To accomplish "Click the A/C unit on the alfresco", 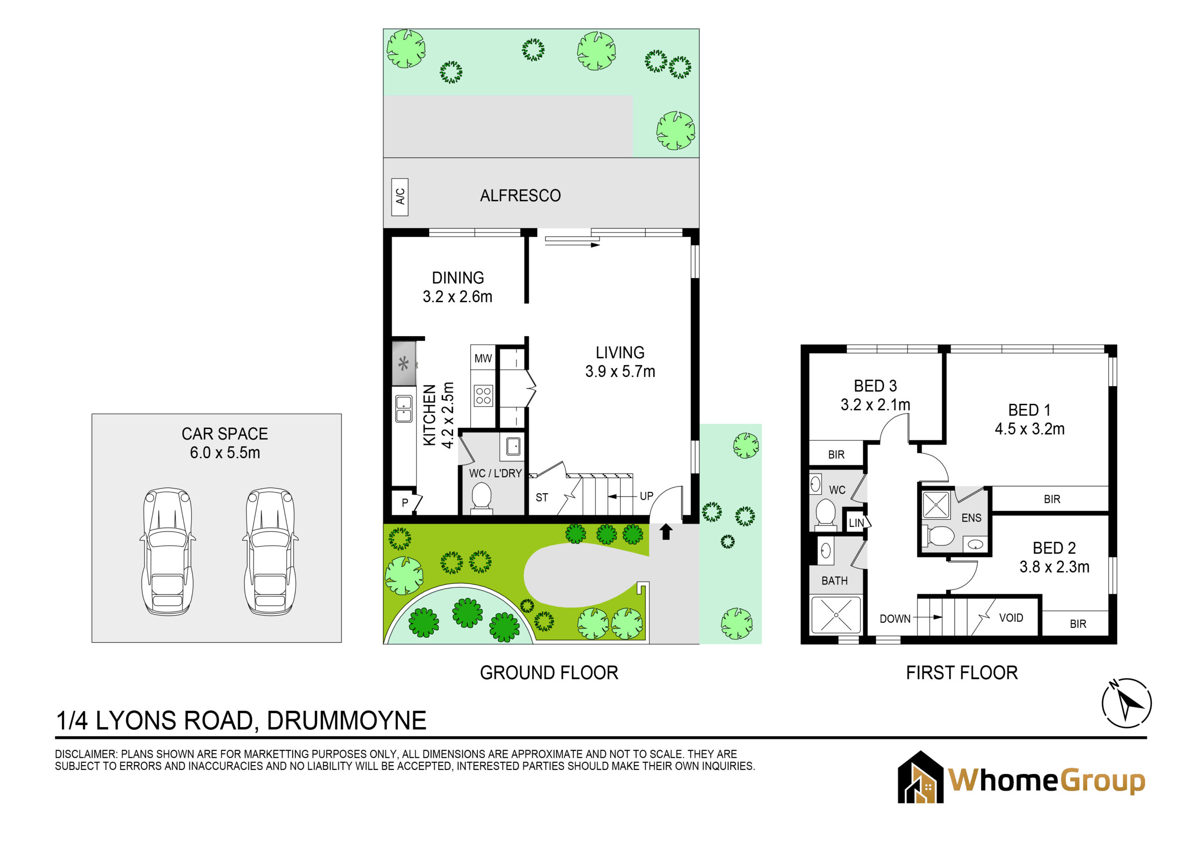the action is [x=399, y=197].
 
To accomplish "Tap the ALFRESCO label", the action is [x=520, y=196].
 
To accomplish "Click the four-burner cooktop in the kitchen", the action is [x=483, y=396].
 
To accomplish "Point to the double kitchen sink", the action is [x=404, y=409].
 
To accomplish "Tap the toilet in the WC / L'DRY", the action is [x=481, y=497].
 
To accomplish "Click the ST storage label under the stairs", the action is [x=542, y=497].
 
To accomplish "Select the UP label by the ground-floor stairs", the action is [x=646, y=496].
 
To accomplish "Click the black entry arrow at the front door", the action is [x=665, y=532].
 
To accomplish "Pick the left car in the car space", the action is [x=167, y=551].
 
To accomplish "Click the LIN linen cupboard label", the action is [x=856, y=523].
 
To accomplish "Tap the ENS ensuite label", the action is [x=971, y=518].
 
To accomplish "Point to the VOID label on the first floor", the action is [x=1011, y=618].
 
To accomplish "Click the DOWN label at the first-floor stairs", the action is [x=895, y=619].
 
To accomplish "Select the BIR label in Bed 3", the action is [x=836, y=455].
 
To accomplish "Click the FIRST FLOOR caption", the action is [x=962, y=673].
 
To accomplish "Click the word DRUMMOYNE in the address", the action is [x=347, y=721].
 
